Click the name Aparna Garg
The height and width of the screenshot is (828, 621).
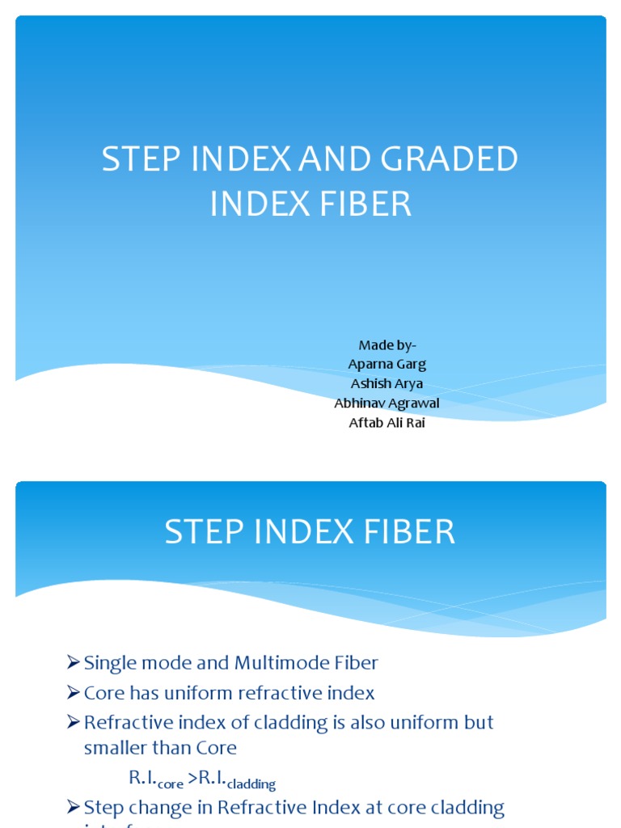point(387,365)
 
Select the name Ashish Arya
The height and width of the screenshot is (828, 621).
point(387,384)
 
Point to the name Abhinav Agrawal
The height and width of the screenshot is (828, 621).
point(387,403)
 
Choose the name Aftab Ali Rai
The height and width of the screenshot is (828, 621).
point(387,423)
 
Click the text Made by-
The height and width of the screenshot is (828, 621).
point(387,345)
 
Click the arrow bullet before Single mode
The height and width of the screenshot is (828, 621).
point(73,663)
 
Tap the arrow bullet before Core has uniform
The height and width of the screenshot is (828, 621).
point(73,693)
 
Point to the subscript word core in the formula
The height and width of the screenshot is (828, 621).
point(171,784)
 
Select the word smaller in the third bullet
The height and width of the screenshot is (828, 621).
point(116,748)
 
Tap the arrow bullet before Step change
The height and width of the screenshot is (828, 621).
point(73,807)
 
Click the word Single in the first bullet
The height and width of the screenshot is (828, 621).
point(110,664)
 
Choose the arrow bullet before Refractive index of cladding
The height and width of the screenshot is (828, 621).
point(73,722)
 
